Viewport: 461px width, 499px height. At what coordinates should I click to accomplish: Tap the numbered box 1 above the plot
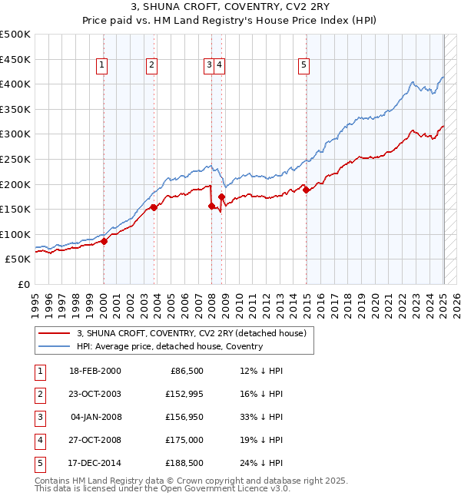[102, 66]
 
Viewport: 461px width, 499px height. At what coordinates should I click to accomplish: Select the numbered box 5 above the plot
[304, 66]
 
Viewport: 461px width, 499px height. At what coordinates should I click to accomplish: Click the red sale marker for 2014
[306, 190]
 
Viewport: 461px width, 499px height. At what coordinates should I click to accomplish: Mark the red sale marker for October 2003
[154, 207]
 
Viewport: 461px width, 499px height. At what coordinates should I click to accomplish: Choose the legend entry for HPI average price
[170, 346]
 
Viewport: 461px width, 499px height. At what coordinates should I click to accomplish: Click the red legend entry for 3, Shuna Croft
[191, 333]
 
